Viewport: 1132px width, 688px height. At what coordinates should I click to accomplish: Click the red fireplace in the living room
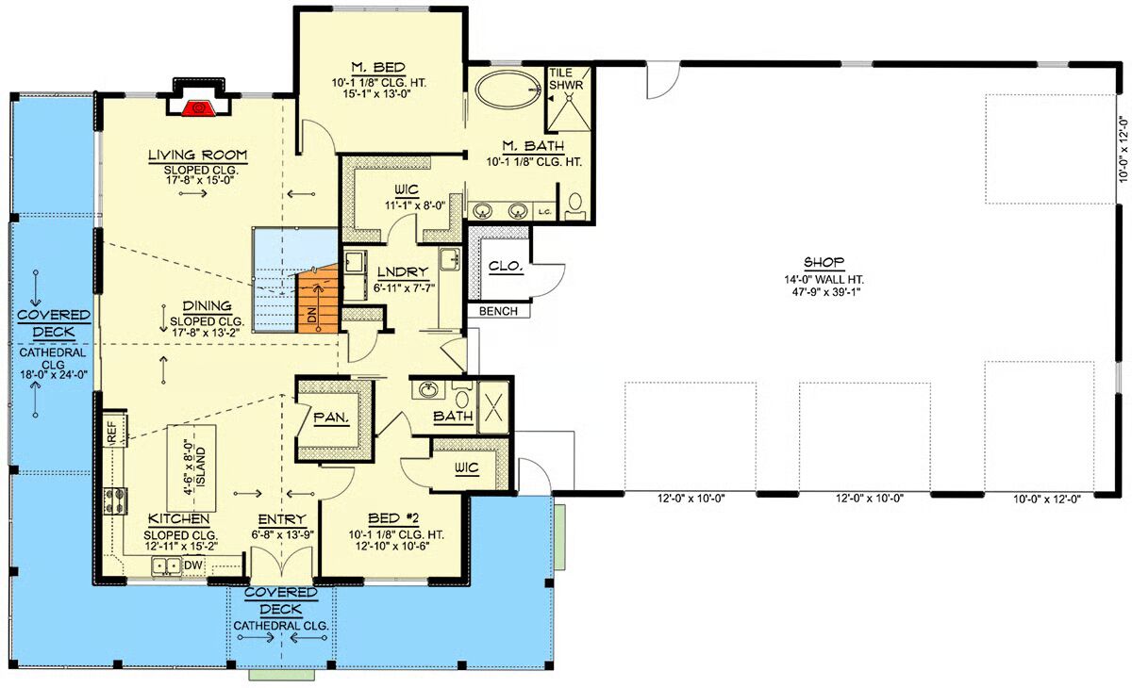point(200,108)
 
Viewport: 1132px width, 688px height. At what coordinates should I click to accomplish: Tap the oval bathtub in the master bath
point(508,90)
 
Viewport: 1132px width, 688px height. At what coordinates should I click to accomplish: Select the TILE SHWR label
point(567,79)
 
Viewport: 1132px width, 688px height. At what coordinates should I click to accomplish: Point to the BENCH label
point(498,311)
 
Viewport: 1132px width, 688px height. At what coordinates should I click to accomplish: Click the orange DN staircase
point(317,300)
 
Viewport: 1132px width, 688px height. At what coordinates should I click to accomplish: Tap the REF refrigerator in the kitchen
point(114,432)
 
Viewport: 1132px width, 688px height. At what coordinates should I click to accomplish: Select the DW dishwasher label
point(192,565)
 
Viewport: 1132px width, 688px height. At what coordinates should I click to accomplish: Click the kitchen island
point(192,468)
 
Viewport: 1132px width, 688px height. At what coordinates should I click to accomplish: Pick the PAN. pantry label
point(331,418)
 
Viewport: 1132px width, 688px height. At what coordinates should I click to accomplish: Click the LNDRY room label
point(403,272)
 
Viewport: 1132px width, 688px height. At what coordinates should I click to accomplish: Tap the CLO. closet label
point(506,266)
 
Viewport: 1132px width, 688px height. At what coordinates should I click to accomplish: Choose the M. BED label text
point(378,67)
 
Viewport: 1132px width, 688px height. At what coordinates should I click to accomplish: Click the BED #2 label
point(393,518)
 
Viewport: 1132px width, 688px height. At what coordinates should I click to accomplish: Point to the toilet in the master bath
point(574,205)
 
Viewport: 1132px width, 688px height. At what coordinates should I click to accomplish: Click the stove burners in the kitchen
point(115,501)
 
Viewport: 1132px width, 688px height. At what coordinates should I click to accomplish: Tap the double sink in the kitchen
point(167,565)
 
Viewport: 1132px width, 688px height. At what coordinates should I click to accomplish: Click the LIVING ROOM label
point(197,155)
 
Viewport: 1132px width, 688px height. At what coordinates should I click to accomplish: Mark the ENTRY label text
point(282,519)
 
